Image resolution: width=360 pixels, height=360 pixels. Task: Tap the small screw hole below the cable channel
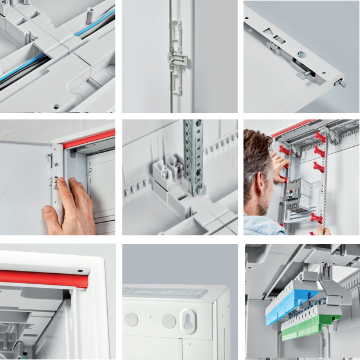(57, 107)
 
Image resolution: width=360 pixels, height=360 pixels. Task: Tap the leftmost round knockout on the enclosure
(132, 319)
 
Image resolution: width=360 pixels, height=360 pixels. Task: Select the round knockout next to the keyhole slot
(168, 321)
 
